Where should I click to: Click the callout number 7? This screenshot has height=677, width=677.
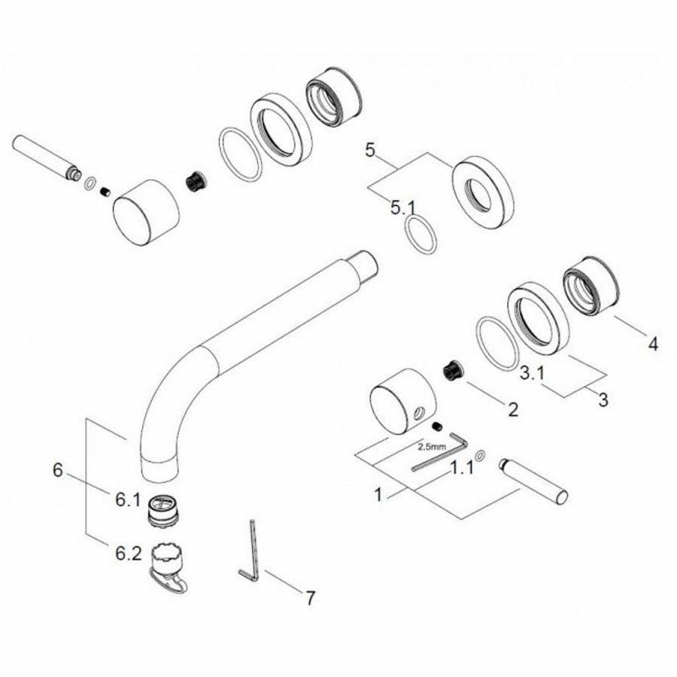[309, 599]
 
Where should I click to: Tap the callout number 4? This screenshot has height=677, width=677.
[653, 345]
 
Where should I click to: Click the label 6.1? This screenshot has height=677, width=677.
[127, 498]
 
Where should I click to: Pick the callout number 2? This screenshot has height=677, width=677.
[512, 410]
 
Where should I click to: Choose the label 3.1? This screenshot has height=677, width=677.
[534, 372]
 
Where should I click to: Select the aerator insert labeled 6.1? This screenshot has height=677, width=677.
[164, 509]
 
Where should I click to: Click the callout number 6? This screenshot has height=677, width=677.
[57, 470]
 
